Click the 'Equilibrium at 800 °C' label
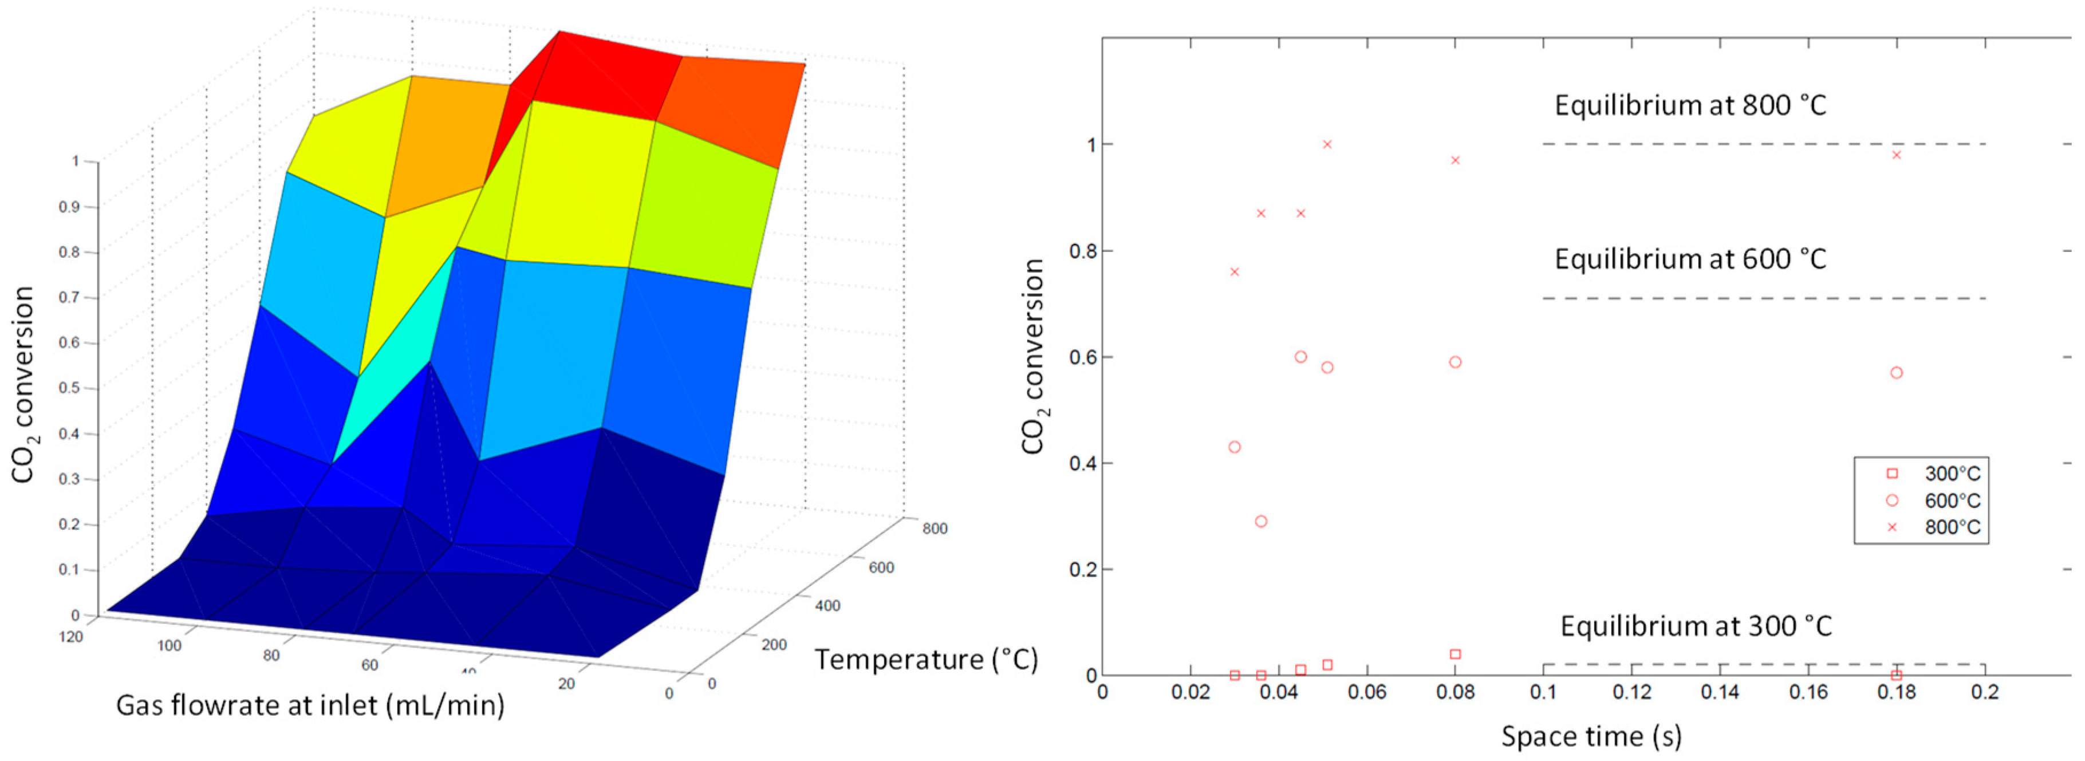point(1690,106)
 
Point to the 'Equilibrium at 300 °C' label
point(1696,626)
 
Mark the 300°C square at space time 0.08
point(1455,654)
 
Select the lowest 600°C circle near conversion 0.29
point(1261,522)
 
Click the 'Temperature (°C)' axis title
point(926,660)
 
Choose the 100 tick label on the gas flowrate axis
point(169,646)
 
